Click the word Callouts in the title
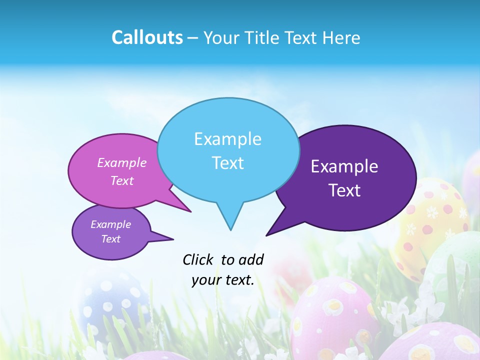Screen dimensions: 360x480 (147, 37)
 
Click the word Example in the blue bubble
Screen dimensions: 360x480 (227, 139)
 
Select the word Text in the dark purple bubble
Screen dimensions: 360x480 (344, 190)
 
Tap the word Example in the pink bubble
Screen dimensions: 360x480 (121, 162)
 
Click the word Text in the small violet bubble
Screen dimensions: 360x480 (110, 239)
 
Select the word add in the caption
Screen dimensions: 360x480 (251, 259)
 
